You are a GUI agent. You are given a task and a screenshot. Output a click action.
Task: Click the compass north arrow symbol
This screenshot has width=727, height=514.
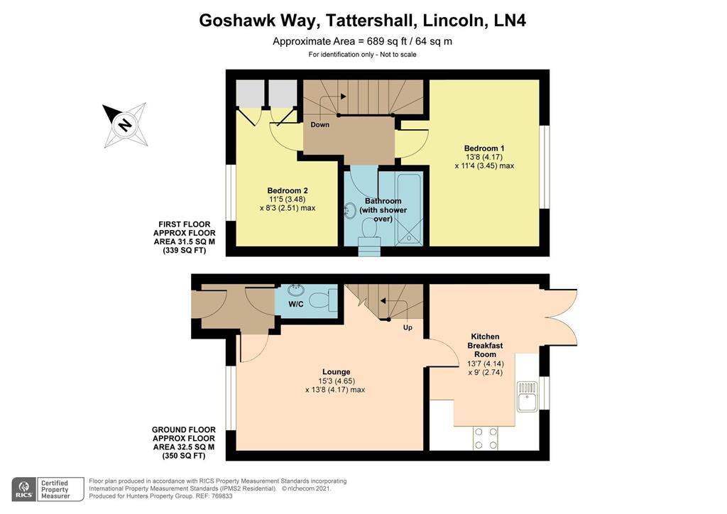[125, 124]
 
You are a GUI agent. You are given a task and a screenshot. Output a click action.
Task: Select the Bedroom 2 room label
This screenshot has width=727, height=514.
[287, 190]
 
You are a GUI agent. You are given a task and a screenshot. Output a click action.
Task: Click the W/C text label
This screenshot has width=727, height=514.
[296, 305]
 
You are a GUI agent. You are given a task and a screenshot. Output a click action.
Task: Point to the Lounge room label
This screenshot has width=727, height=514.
[336, 371]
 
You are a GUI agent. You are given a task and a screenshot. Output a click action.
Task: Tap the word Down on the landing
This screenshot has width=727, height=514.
[319, 125]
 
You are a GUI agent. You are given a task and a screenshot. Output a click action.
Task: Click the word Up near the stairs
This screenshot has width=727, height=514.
[408, 328]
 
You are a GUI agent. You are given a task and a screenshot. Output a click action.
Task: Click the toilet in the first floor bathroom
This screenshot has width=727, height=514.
[369, 229]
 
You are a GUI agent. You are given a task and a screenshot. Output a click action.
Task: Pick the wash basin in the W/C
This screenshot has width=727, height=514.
[295, 290]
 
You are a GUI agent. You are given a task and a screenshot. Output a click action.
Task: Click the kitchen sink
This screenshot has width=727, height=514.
[527, 396]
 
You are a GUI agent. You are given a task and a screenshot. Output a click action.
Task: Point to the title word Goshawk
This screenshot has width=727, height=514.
[236, 21]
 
